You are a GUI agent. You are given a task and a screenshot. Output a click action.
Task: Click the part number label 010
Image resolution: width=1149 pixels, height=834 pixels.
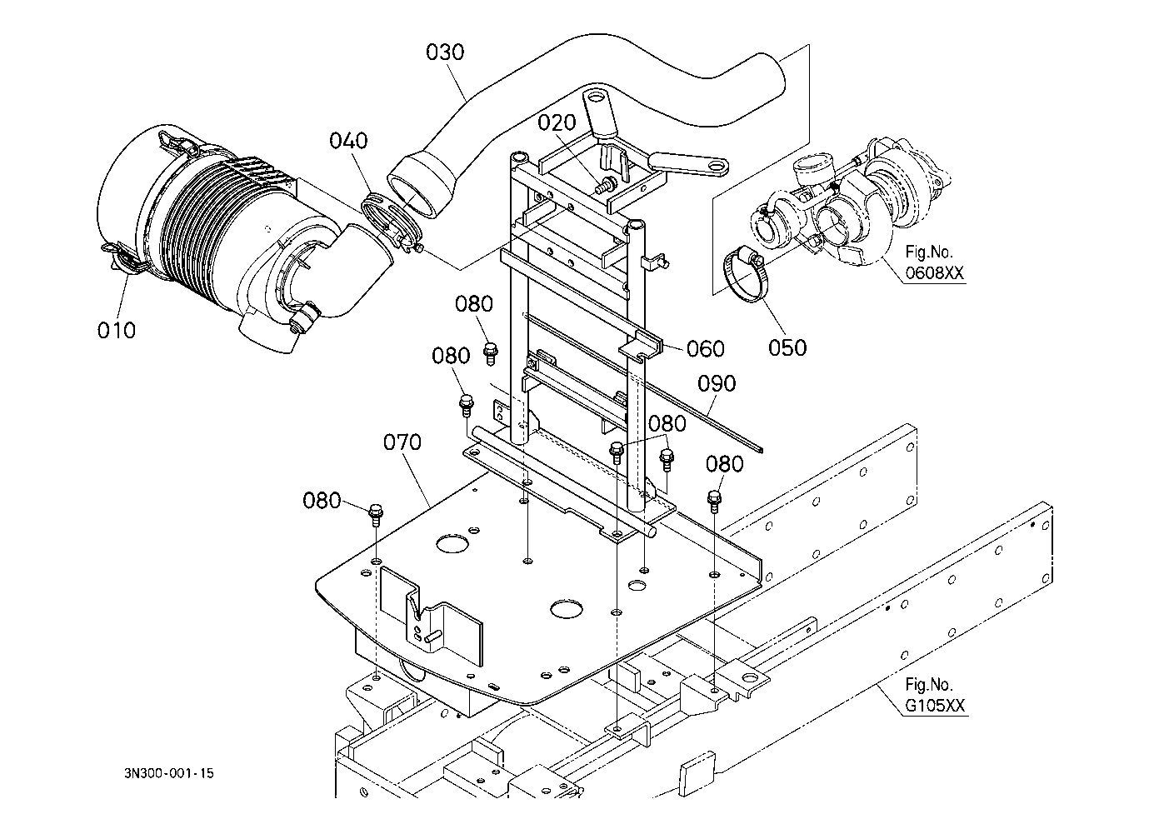(x=117, y=330)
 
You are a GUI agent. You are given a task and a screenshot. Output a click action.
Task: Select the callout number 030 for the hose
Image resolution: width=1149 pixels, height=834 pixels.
(x=445, y=52)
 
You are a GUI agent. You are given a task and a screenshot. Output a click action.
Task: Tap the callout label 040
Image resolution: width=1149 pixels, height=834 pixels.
(x=348, y=141)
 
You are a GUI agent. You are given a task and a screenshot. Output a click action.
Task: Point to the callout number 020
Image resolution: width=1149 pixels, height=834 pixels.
(x=557, y=122)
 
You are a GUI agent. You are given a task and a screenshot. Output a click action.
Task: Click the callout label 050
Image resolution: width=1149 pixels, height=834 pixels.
(x=787, y=347)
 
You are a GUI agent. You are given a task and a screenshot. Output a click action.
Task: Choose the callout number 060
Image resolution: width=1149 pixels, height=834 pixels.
(x=705, y=349)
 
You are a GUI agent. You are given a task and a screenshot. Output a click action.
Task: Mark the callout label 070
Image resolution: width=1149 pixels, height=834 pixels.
(x=402, y=442)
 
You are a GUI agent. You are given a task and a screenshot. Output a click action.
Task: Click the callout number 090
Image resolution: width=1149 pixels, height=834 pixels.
(x=717, y=383)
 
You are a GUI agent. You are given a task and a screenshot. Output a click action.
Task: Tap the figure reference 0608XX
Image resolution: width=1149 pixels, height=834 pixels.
(x=935, y=273)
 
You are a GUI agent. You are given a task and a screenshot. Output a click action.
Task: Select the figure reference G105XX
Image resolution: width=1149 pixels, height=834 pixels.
(x=935, y=706)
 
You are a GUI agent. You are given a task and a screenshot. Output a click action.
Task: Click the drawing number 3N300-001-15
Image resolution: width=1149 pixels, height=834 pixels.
(x=169, y=773)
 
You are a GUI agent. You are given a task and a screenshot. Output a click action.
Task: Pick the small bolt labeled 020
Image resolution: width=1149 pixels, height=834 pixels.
(x=604, y=186)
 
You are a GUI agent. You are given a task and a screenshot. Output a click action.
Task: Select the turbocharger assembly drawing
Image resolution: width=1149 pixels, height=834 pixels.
(x=847, y=202)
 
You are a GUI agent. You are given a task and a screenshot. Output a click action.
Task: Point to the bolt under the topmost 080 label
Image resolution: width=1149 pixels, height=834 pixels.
(x=491, y=353)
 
